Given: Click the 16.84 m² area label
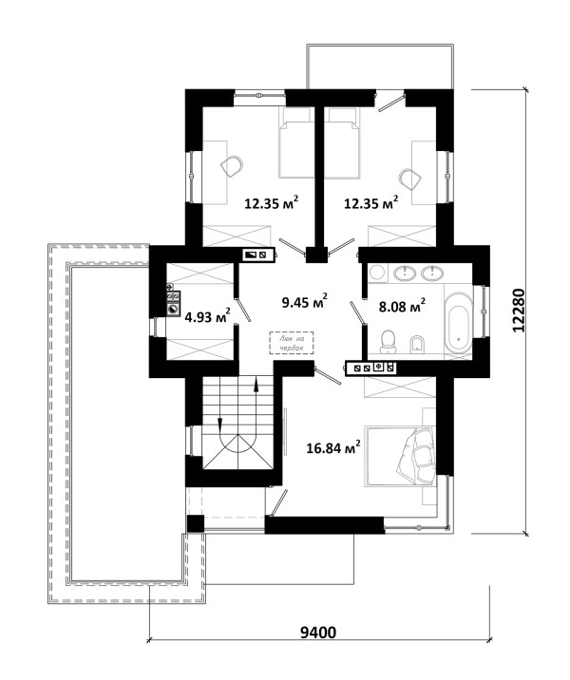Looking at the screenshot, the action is [333, 447].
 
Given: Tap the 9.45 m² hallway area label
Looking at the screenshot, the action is [304, 301].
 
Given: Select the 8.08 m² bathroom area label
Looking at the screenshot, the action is [402, 306].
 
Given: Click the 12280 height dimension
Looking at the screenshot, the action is [519, 311].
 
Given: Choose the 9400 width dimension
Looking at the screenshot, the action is [318, 633].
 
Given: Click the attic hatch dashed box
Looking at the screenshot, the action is [291, 343].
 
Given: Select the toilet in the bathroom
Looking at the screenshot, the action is [388, 341].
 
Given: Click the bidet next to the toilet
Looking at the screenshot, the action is [418, 343].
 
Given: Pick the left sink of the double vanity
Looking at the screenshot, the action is [405, 274].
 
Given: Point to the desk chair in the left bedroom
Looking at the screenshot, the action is [232, 165].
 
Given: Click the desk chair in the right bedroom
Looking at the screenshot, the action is [410, 179].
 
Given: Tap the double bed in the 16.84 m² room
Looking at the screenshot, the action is [400, 457].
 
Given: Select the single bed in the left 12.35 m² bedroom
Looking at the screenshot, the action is [296, 143].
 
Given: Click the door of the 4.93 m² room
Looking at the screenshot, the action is [242, 309].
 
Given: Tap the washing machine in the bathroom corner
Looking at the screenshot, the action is [376, 274].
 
